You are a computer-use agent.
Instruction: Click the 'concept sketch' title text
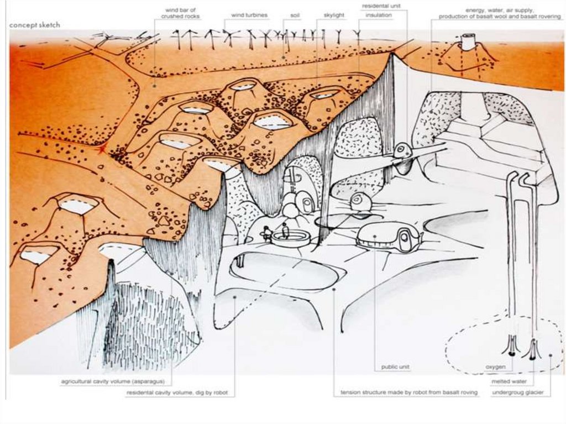(x=35, y=25)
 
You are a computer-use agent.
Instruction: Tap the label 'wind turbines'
(x=249, y=15)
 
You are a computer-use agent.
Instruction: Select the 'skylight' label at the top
(x=334, y=15)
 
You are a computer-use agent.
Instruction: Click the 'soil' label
(x=295, y=15)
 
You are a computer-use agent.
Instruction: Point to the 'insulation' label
(x=379, y=15)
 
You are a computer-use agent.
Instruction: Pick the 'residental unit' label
(x=381, y=6)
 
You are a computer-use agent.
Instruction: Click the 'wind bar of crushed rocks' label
(x=181, y=13)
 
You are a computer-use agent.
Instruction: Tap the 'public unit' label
(x=395, y=367)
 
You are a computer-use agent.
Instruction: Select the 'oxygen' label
(x=496, y=367)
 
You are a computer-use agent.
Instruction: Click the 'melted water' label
(x=509, y=381)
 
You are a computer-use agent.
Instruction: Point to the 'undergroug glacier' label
(x=517, y=392)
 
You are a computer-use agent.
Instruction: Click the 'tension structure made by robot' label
(x=410, y=392)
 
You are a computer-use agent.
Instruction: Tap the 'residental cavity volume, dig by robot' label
(x=177, y=392)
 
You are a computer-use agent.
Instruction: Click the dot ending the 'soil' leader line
(x=284, y=57)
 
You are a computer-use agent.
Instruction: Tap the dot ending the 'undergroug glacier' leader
(x=551, y=355)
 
